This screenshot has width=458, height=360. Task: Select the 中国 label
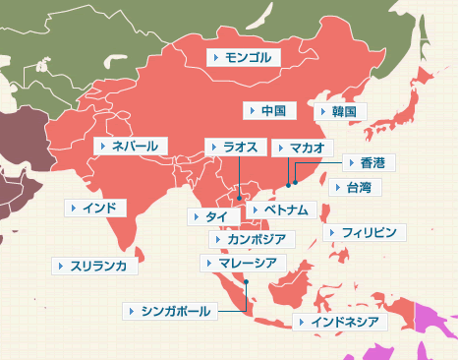pos(268,110)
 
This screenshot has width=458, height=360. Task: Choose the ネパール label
pos(132,146)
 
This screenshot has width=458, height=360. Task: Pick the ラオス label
pos(236,147)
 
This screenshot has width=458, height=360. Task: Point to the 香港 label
pos(367,161)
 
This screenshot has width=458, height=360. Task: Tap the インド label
pos(94,208)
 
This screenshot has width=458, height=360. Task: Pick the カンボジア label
pos(251,238)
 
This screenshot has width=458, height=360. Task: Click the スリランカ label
pos(97,266)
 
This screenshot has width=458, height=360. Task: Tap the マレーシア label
pos(246,263)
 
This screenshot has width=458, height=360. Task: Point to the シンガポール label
pos(170,311)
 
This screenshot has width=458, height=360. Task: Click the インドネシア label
pos(341,322)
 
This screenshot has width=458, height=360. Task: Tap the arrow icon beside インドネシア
pos(301,322)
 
